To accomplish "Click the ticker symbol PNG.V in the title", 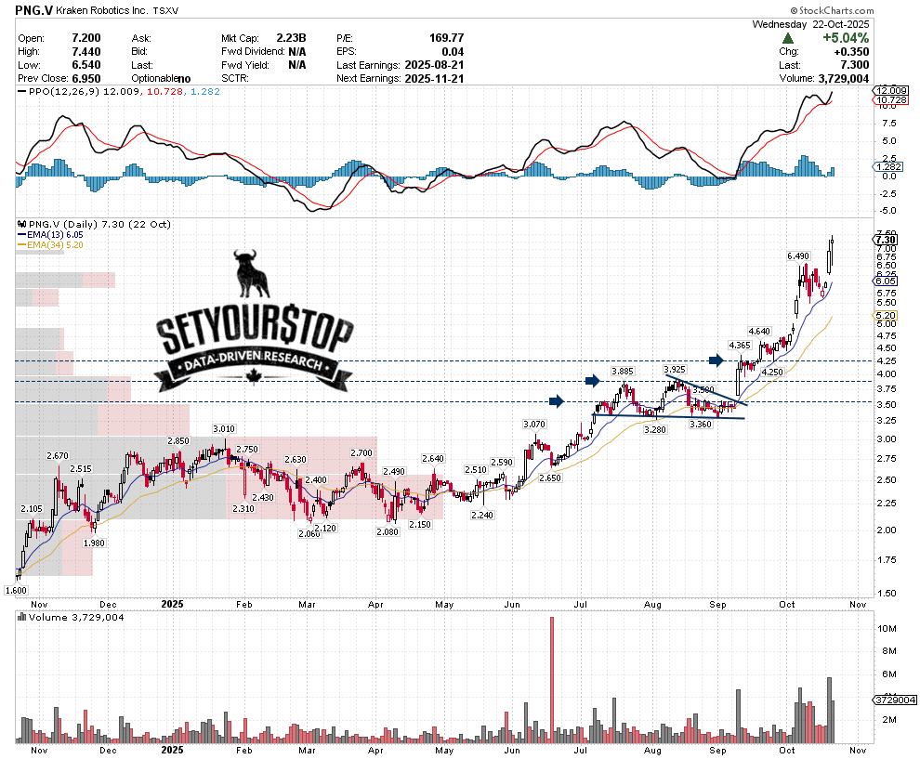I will (x=34, y=13).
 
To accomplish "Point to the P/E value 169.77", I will (x=446, y=38).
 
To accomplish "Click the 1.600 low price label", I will (x=16, y=590).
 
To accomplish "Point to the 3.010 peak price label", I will (x=224, y=428).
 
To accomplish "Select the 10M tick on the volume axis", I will (x=888, y=629).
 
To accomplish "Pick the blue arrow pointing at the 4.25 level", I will (x=716, y=360).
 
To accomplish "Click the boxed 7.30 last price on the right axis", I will (x=885, y=240).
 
